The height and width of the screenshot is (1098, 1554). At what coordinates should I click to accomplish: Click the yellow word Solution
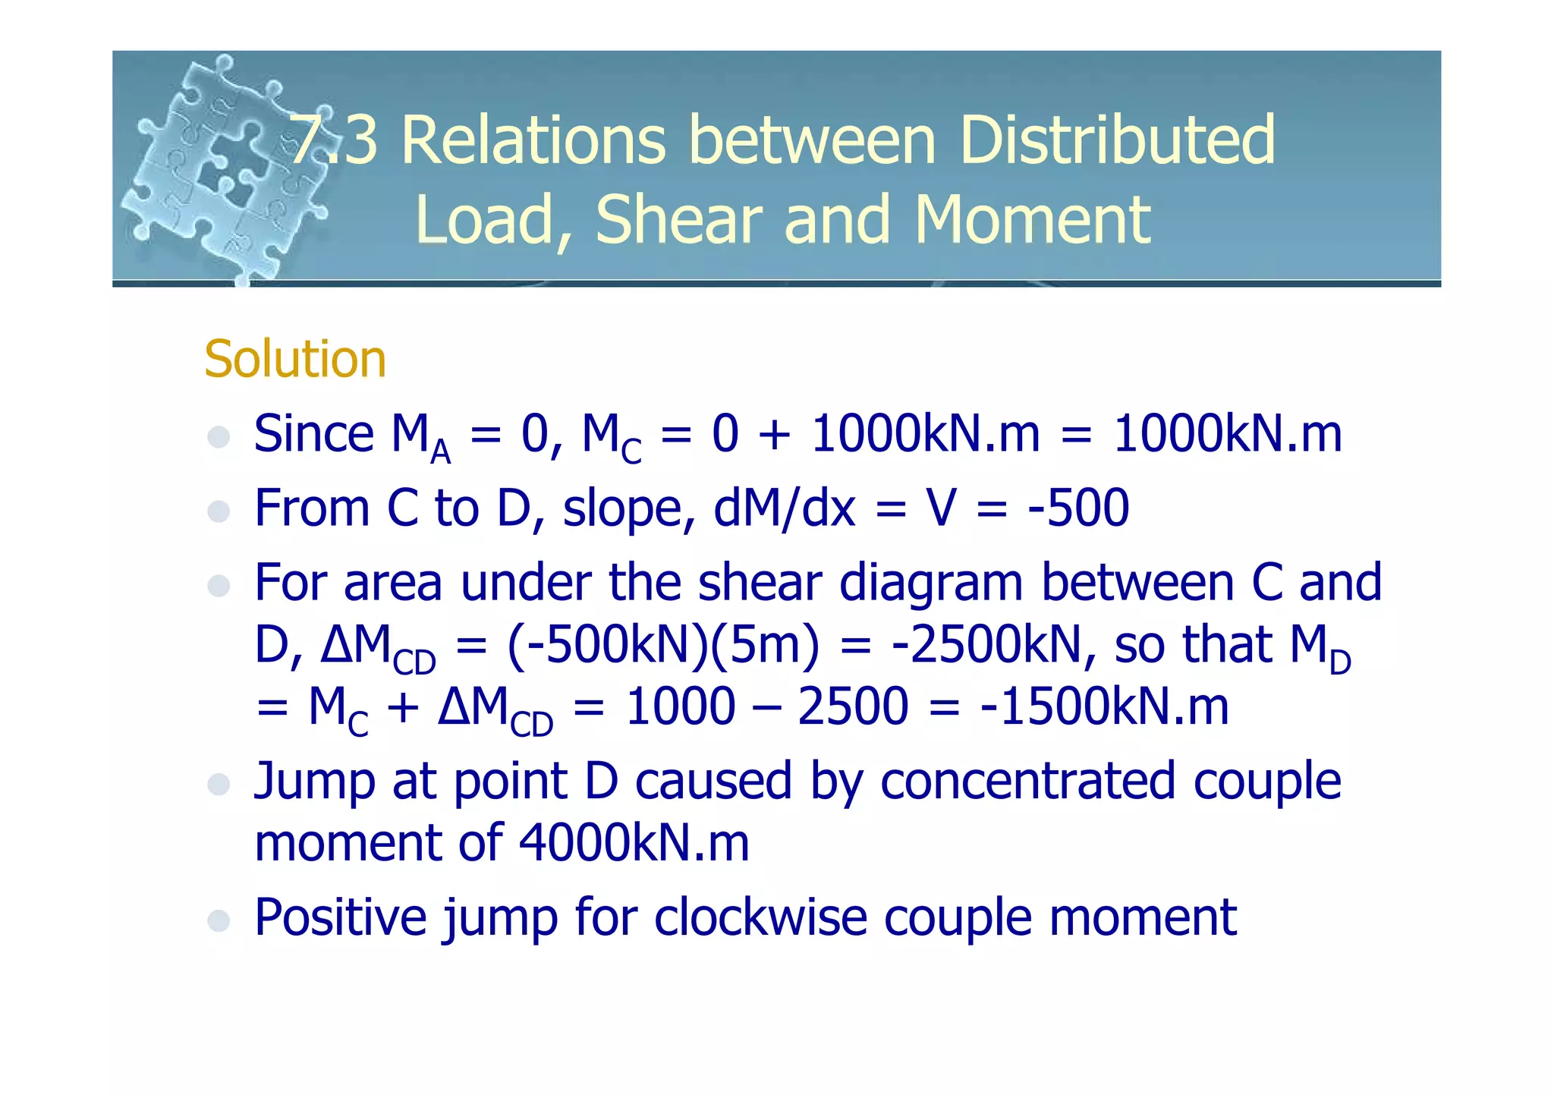tap(295, 359)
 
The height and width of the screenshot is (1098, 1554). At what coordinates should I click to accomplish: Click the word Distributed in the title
tap(1117, 140)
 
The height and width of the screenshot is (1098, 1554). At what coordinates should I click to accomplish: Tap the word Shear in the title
tap(678, 220)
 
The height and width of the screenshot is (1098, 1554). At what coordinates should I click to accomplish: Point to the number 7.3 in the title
tap(334, 140)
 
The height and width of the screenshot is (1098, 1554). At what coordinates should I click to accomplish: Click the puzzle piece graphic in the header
tap(220, 171)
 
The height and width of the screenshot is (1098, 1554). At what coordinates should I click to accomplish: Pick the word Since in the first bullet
tap(313, 434)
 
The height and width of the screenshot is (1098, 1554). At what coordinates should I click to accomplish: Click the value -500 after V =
tap(1078, 508)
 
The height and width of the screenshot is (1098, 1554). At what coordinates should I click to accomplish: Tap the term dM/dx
tap(784, 508)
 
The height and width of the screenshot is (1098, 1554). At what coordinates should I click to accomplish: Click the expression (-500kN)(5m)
tap(663, 645)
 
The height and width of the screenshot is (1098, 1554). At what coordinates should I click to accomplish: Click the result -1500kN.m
tap(1104, 706)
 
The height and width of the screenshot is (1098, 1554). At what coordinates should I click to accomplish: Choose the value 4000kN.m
tap(634, 843)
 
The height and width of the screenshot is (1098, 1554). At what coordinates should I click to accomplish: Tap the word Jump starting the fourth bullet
tap(314, 782)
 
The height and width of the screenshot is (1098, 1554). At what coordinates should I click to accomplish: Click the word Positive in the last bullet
tap(341, 917)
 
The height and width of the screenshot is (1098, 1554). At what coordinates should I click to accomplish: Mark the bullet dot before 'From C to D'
tap(219, 511)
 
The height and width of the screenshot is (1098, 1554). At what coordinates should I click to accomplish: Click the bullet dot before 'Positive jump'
tap(219, 920)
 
